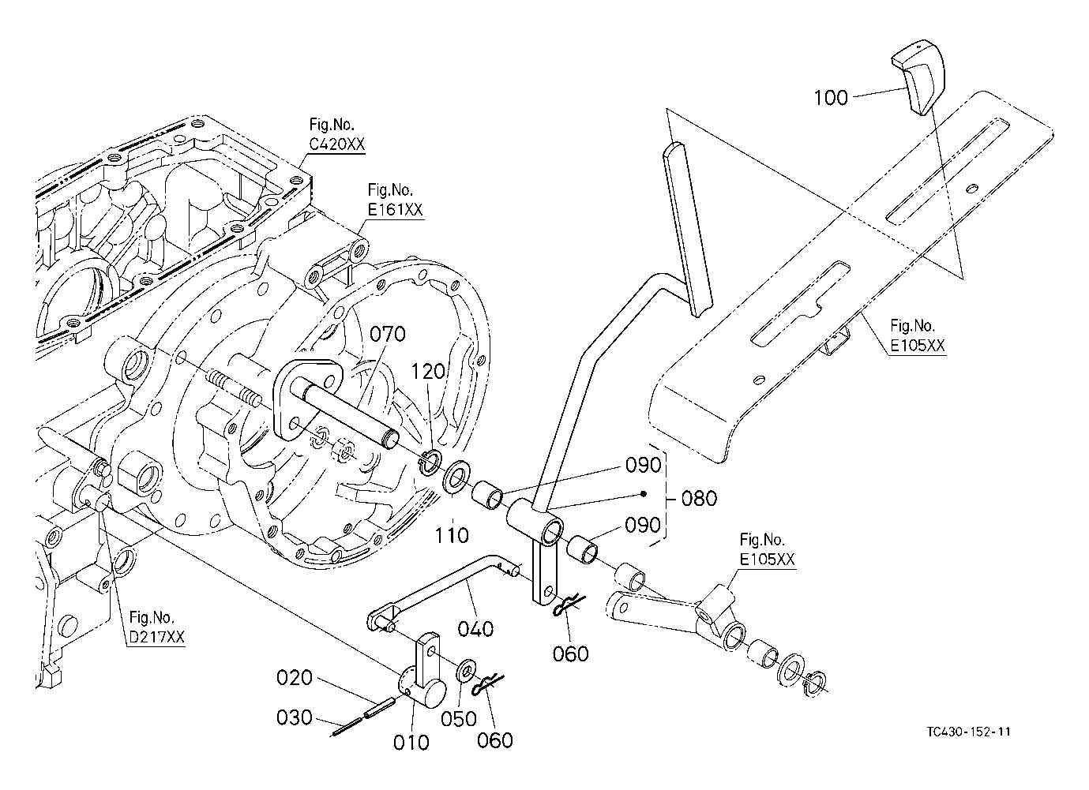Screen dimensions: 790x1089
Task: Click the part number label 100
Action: click(x=831, y=97)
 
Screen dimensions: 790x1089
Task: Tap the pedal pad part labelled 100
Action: click(x=920, y=78)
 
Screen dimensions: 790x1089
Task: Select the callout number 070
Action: click(x=387, y=334)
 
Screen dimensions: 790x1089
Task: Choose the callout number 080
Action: click(x=699, y=499)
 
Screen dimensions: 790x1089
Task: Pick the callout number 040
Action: click(x=476, y=628)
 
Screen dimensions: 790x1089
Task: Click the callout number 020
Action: click(x=295, y=679)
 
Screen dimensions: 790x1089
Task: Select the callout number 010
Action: click(x=411, y=742)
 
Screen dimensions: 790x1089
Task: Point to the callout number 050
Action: click(x=459, y=719)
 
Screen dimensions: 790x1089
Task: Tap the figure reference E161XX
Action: click(x=395, y=210)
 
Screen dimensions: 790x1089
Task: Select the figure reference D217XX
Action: click(x=156, y=638)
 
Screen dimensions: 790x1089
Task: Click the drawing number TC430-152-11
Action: click(x=969, y=731)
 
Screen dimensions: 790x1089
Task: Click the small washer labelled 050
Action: click(x=465, y=671)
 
